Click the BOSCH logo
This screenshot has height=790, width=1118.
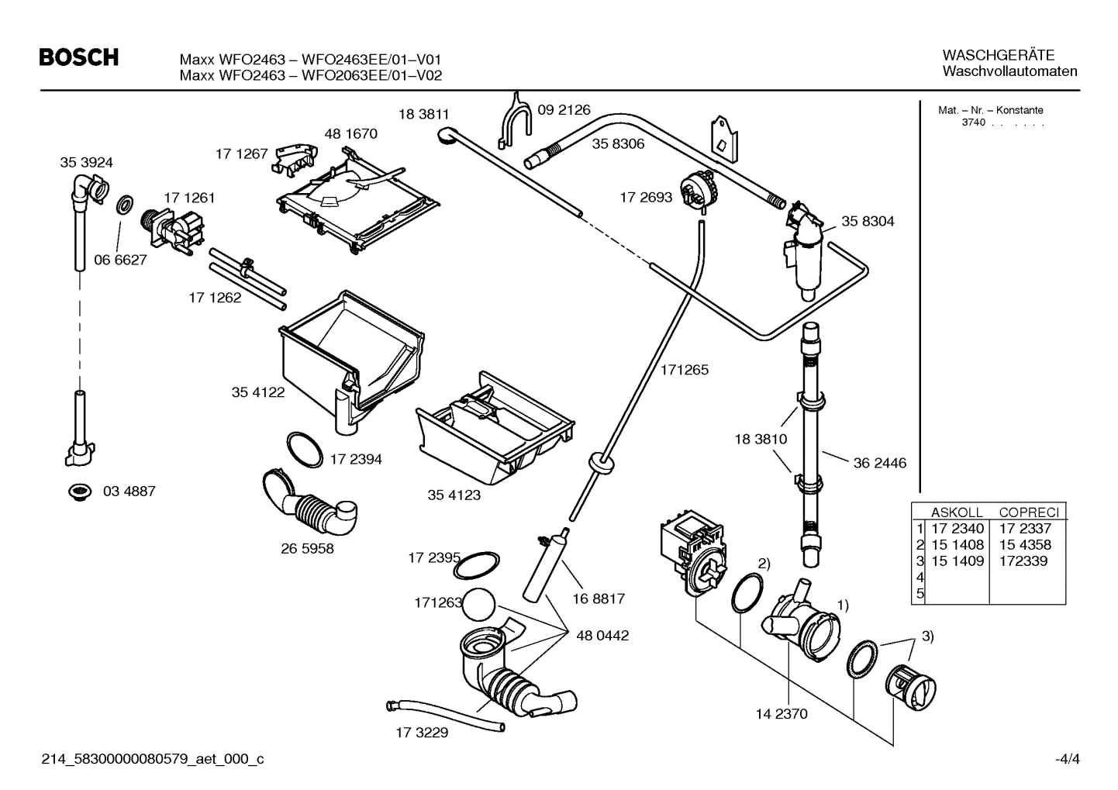click(78, 57)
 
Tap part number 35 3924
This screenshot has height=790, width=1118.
click(86, 162)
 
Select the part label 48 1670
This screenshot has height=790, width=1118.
click(350, 133)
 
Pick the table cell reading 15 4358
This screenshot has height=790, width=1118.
click(1025, 545)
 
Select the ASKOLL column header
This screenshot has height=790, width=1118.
click(956, 512)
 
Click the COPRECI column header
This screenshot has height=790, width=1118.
click(1028, 512)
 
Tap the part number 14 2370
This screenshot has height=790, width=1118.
click(781, 713)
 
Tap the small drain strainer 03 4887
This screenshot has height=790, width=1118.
click(78, 491)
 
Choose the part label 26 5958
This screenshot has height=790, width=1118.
click(307, 548)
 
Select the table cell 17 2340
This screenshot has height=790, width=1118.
click(957, 529)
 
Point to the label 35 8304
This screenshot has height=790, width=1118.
click(868, 221)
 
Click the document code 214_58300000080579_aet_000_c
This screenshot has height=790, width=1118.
click(152, 759)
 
